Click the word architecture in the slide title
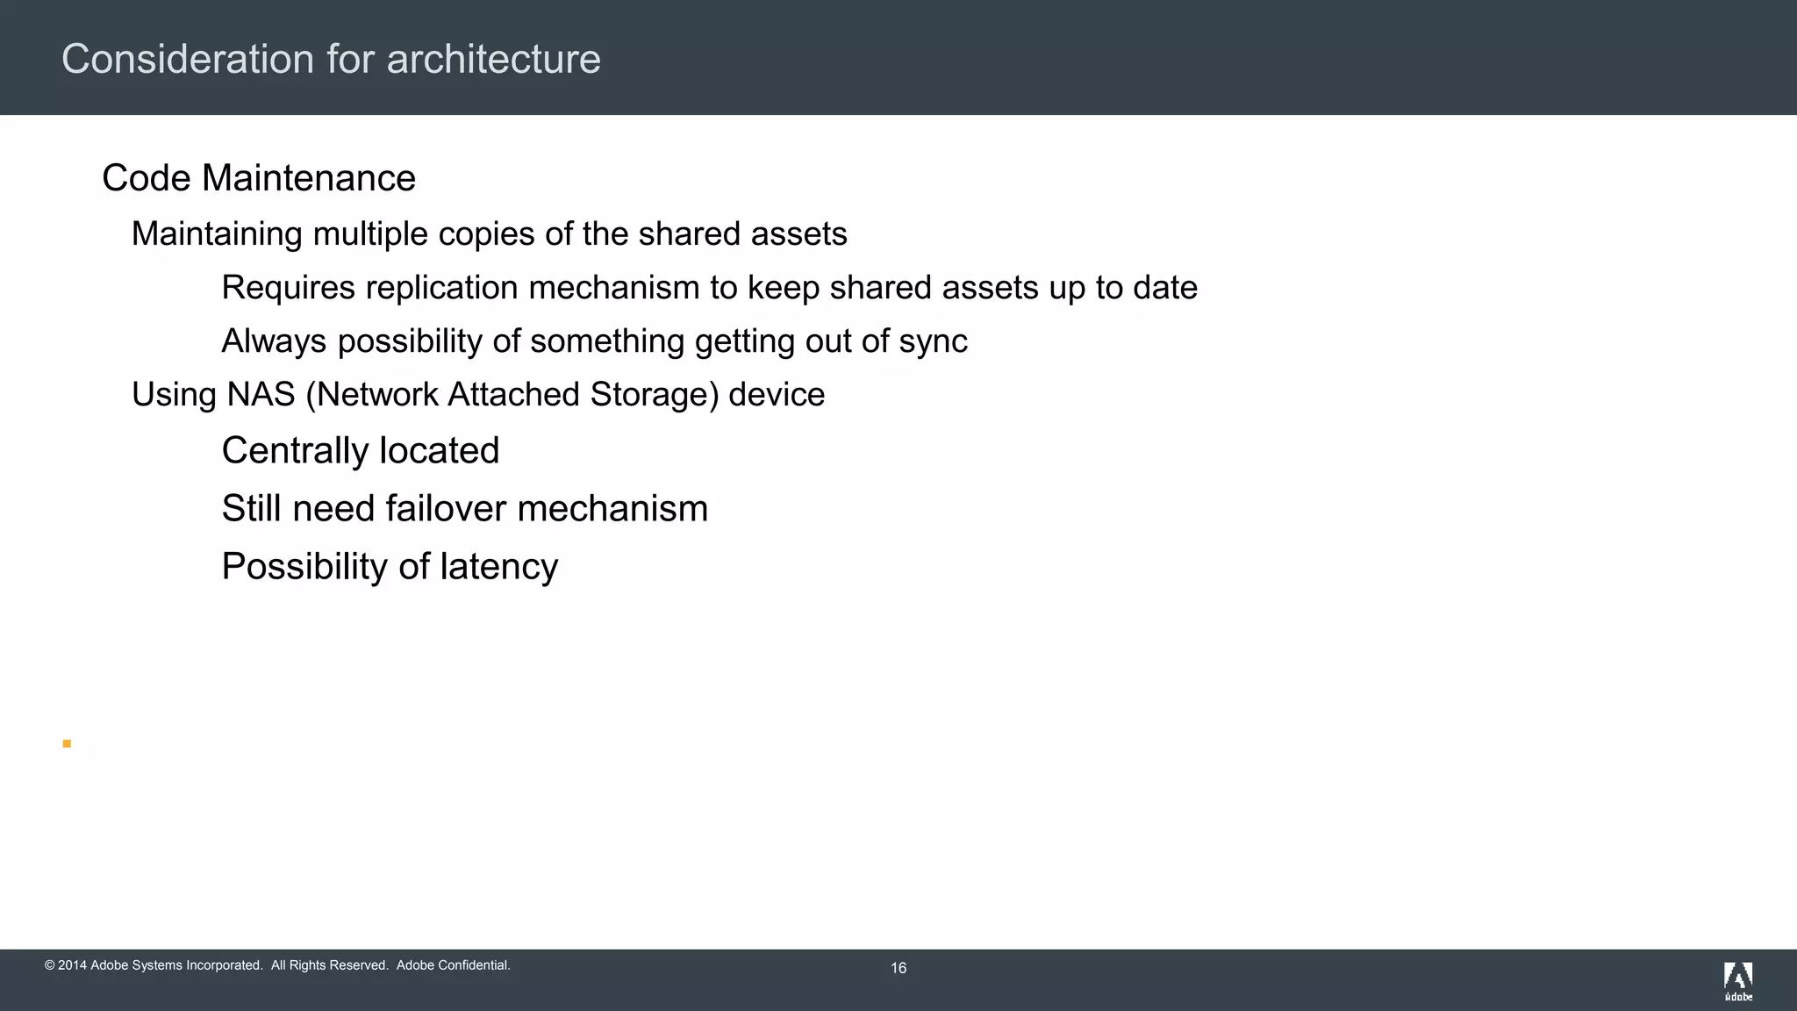coord(493,60)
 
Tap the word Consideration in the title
coord(188,60)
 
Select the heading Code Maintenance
coord(259,178)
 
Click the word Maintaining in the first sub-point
coord(217,234)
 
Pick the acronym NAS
coord(261,395)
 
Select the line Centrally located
coord(360,451)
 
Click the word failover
coord(446,509)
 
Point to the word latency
coord(498,567)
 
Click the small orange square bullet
coord(67,744)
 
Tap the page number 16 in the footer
coord(898,968)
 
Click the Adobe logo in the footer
coord(1738,981)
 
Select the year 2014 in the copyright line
coord(72,965)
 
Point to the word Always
coord(274,342)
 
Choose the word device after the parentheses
coord(777,395)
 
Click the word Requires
coord(288,288)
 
